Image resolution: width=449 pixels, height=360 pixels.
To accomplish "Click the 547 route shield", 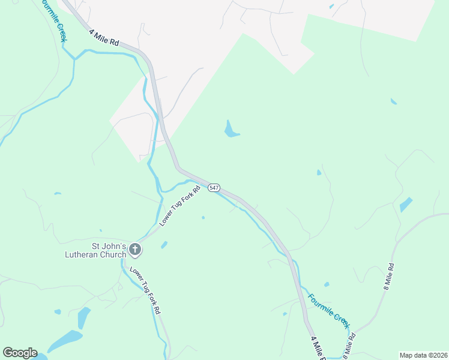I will pyautogui.click(x=214, y=188).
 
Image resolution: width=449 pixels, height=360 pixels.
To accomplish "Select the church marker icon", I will pyautogui.click(x=136, y=250).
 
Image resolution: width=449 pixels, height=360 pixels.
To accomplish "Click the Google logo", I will pyautogui.click(x=20, y=353).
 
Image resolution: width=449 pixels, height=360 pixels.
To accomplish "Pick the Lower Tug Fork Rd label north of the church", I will pyautogui.click(x=179, y=206).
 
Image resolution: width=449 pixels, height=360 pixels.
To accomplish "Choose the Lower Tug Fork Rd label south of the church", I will pyautogui.click(x=145, y=290).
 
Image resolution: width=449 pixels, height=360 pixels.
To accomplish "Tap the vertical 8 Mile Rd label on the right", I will pyautogui.click(x=388, y=277).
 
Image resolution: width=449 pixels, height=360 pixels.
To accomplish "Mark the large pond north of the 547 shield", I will pyautogui.click(x=230, y=129).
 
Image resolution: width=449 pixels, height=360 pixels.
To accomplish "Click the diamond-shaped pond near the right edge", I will pyautogui.click(x=406, y=205).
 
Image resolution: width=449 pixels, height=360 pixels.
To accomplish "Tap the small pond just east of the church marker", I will pyautogui.click(x=164, y=245).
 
